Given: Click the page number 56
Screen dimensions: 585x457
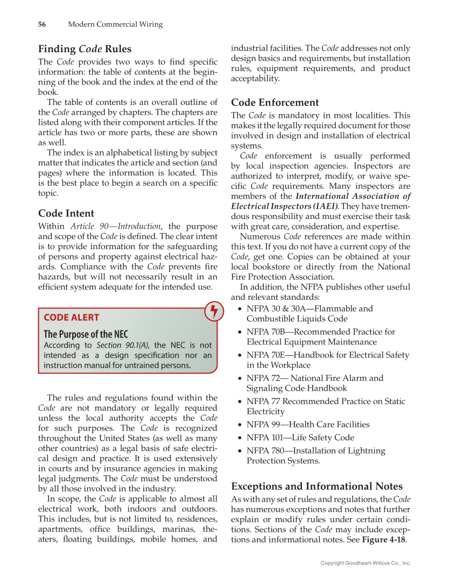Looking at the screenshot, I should coord(41,24).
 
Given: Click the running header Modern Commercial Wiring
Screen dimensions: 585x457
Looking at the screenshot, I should coord(115,24).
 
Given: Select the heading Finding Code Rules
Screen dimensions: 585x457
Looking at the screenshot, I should coord(85,49).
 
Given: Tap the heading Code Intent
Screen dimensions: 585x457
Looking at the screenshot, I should coord(66,213).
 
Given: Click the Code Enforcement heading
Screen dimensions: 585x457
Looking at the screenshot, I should coord(275,102).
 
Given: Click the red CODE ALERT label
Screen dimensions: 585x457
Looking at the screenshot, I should coord(71,318).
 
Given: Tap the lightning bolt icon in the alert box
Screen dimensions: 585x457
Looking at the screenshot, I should coord(214,312).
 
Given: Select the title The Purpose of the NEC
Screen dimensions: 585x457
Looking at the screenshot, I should coord(86,334).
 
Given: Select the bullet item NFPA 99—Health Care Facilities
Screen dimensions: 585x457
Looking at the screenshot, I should coord(308,425).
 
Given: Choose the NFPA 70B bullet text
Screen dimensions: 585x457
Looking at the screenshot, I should coord(320,332).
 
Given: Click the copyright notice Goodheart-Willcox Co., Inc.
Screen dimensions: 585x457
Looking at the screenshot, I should coord(365,563).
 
